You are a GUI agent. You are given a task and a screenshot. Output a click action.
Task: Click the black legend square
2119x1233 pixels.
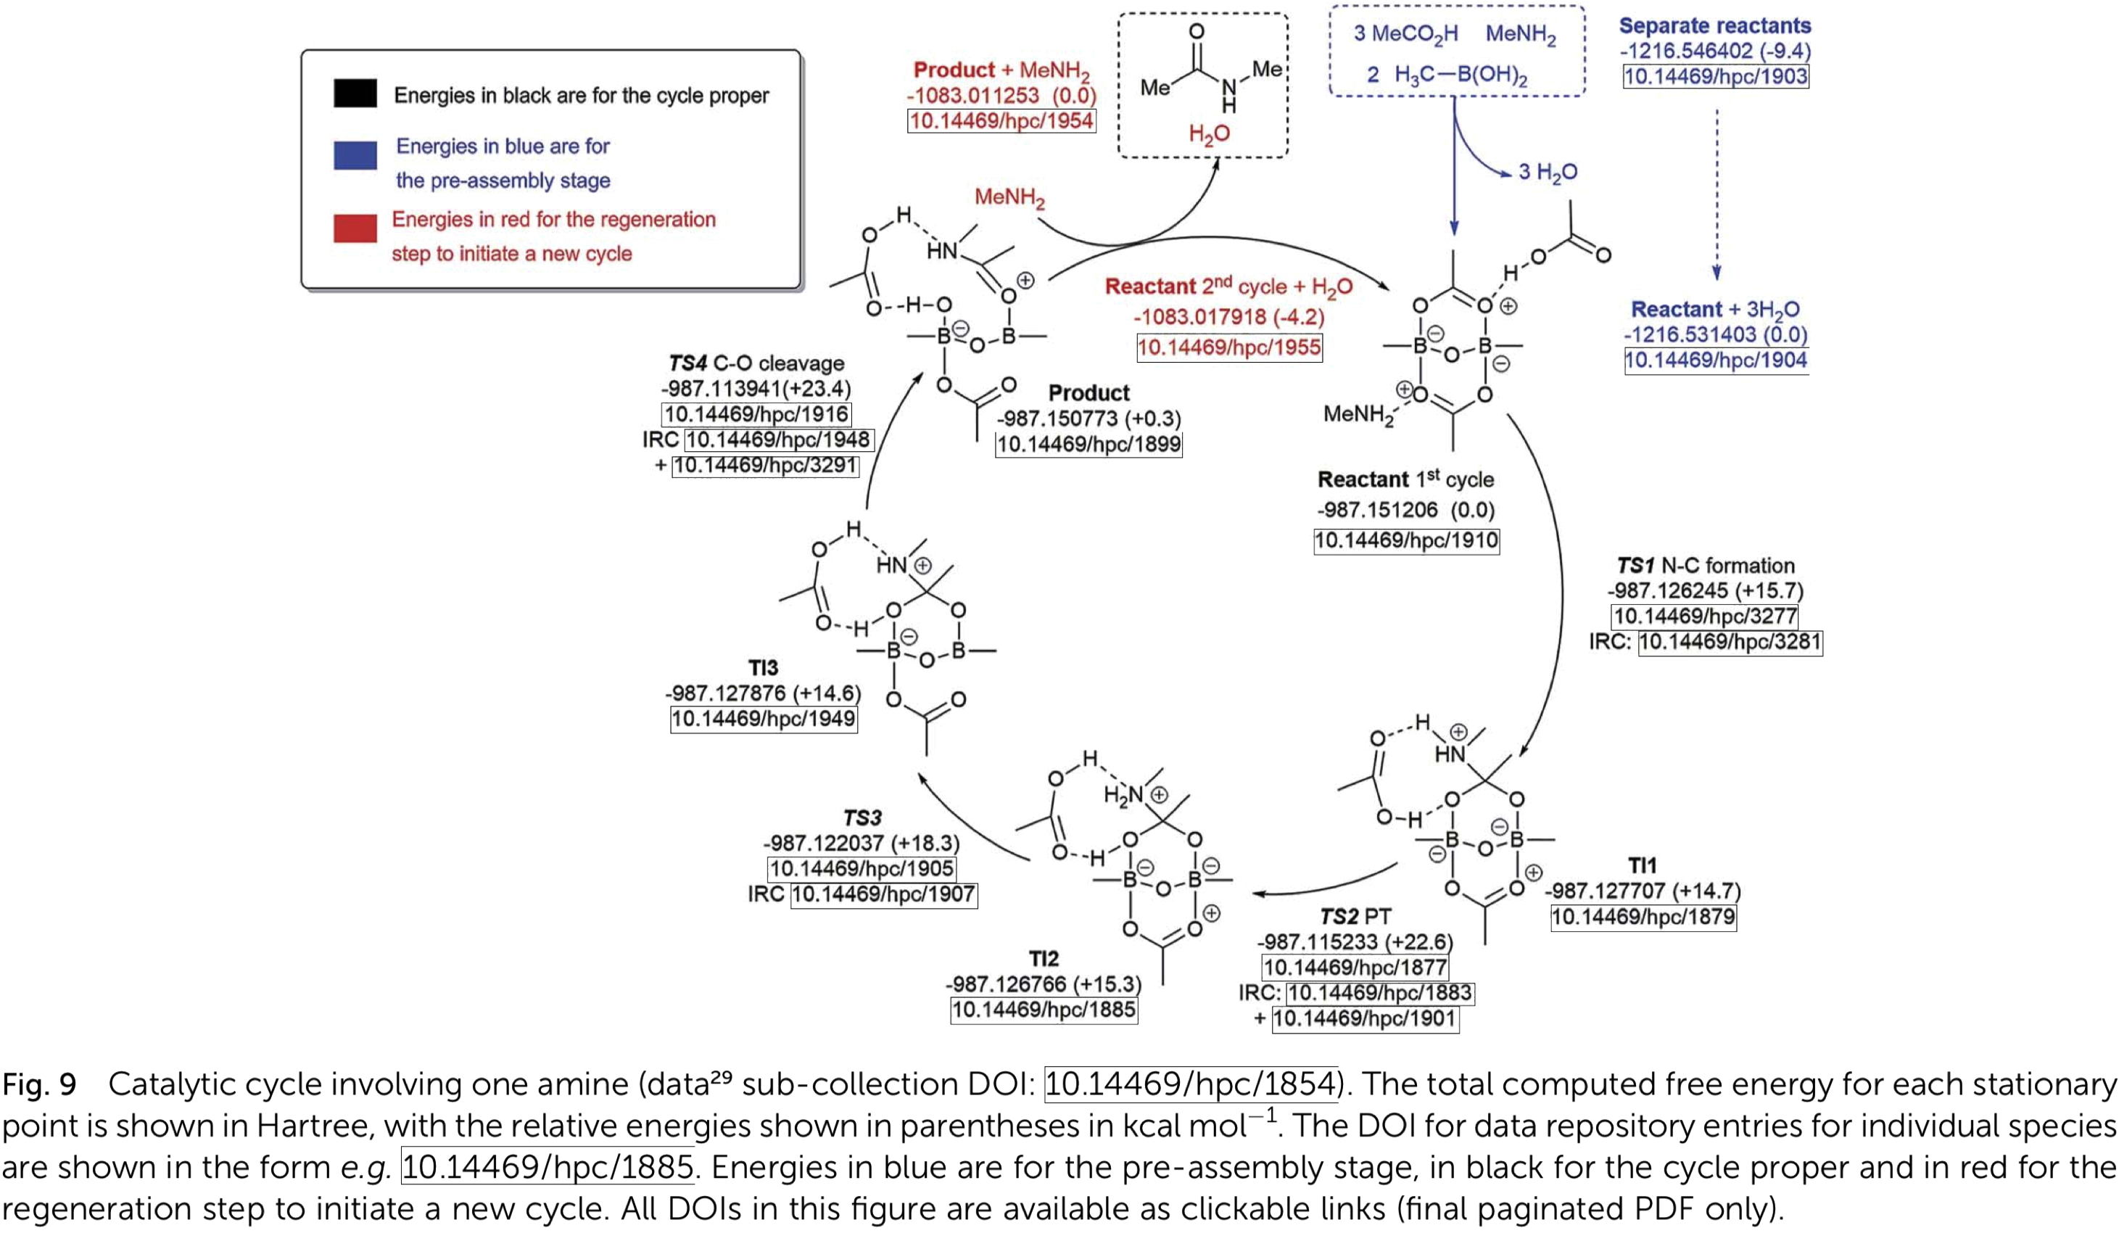pos(355,94)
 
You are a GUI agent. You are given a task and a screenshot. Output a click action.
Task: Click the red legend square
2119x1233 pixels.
pos(355,228)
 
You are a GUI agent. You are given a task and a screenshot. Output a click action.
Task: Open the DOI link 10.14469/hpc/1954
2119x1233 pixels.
pos(1001,121)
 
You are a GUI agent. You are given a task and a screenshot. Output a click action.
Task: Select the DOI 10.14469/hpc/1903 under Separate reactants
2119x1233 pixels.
pos(1715,77)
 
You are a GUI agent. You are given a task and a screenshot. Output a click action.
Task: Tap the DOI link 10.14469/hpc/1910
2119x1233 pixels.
pos(1406,540)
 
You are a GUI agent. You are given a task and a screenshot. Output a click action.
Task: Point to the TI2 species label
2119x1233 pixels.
pos(1044,958)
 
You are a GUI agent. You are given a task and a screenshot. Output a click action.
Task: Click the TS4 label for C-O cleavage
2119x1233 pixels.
pos(687,363)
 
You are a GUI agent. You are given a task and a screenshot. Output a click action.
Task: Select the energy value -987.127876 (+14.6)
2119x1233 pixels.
pos(763,693)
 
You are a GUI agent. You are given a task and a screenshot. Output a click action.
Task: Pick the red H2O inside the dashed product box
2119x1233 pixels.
pos(1208,133)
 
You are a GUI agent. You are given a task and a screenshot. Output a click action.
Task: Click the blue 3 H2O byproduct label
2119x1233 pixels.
pos(1548,173)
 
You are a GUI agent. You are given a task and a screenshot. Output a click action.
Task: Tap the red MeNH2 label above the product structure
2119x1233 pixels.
pos(1009,198)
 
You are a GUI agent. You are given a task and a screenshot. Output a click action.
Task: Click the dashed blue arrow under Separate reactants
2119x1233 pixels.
pos(1717,194)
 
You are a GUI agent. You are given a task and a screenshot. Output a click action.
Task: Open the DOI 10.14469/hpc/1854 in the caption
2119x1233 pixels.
pos(1191,1084)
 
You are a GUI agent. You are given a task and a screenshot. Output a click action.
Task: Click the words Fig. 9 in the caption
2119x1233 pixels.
pos(38,1085)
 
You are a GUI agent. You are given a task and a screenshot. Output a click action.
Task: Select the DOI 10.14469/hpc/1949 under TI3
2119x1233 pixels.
pos(763,719)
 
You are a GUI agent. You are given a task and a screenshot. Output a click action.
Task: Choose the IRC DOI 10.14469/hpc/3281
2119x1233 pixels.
pos(1730,643)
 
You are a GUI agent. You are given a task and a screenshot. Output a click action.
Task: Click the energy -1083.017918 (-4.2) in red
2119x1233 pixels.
pos(1228,317)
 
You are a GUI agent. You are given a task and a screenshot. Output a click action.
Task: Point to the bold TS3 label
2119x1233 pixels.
pos(862,817)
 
